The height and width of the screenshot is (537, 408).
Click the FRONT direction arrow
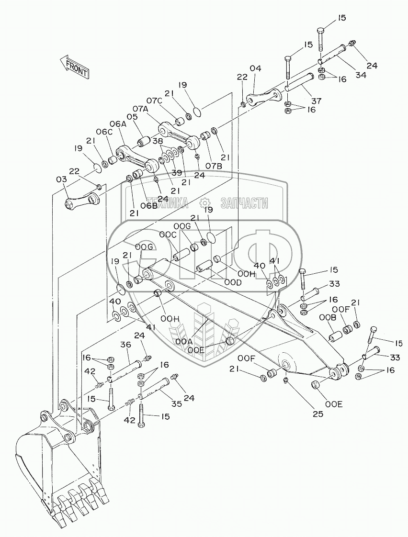pos(74,67)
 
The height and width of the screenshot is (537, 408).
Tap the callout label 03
pos(61,179)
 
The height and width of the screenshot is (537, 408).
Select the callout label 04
pos(255,68)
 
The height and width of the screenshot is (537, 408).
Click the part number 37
pos(317,101)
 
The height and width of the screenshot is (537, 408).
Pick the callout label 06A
pos(117,123)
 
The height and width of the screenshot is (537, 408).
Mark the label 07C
pos(154,101)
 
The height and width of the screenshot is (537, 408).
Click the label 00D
pos(232,282)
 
